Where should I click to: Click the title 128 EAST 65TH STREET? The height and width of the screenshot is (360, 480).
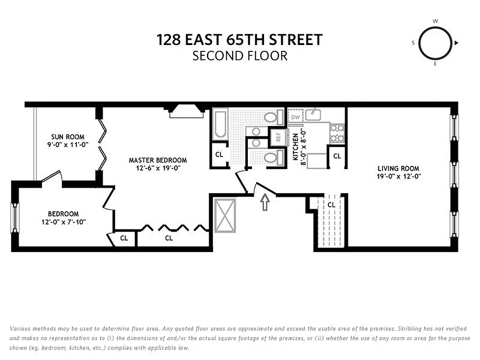239,40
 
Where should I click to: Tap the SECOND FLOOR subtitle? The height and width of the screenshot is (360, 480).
239,56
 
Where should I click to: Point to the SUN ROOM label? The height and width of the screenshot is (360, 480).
67,137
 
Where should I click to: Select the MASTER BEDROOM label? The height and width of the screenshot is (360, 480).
157,160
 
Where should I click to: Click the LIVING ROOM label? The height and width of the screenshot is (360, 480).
398,169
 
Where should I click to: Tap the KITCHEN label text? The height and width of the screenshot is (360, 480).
296,147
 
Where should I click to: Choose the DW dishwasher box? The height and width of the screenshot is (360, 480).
295,117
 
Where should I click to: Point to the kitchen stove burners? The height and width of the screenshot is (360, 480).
337,134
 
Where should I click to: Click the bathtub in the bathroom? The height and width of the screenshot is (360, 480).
220,123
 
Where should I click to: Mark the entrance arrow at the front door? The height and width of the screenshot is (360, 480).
265,202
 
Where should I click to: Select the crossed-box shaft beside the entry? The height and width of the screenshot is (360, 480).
225,215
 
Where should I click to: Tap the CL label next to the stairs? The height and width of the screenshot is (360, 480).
332,205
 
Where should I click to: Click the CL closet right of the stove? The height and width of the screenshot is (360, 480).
336,156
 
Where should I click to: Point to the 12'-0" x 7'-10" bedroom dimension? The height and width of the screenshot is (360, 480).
63,222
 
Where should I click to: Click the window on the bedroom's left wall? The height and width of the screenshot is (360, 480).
15,218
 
